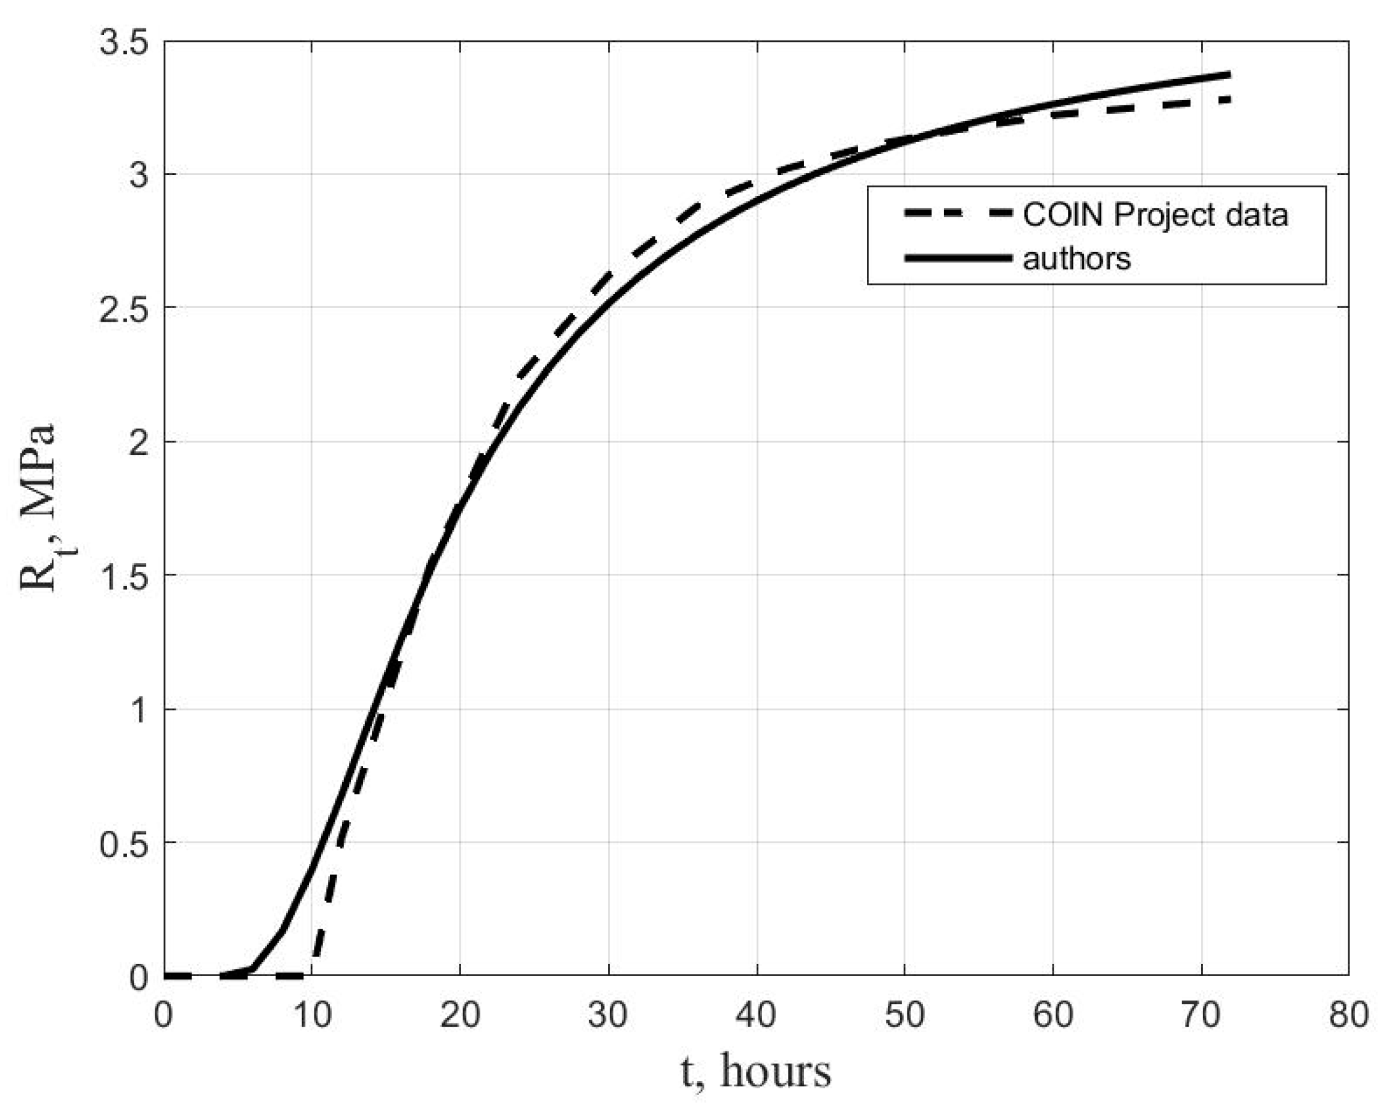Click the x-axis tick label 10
click(313, 1016)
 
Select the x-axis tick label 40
click(756, 1016)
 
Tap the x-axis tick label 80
click(1348, 1016)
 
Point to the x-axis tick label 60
click(1052, 1016)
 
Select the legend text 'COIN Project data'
click(1155, 215)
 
